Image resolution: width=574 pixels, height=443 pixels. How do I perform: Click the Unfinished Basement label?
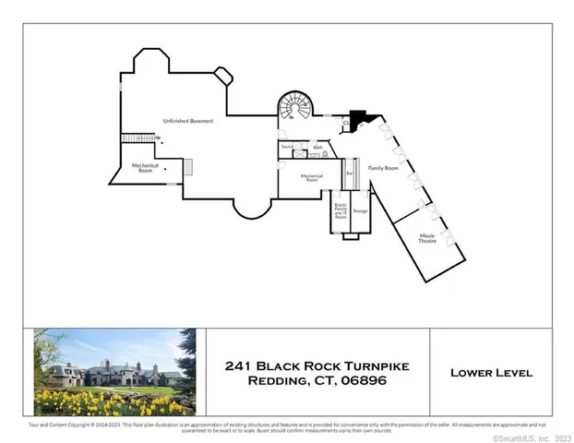coord(188,121)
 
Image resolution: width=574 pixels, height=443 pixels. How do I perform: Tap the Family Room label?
coord(383,168)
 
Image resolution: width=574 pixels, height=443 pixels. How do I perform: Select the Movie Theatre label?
coord(427,238)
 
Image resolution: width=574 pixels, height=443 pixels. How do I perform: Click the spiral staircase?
coord(297,108)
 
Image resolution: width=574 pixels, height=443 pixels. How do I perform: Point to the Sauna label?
coord(287,147)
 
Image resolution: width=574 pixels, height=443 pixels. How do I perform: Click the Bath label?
coord(317,147)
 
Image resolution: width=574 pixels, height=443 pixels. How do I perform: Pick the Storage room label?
coord(360,211)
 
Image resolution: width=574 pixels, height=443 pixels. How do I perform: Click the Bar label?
coord(350,173)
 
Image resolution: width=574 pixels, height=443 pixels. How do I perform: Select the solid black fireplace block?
coord(358,118)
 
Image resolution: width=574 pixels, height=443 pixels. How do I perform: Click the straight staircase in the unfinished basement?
coord(135,138)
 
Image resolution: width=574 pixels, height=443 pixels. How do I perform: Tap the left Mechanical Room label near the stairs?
coord(145,167)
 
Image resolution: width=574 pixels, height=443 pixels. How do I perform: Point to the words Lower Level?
coord(491,373)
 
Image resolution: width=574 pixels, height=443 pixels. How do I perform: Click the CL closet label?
coord(347,121)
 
